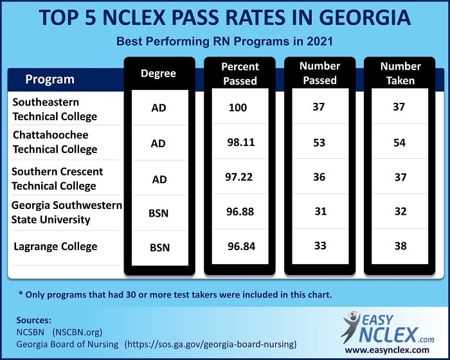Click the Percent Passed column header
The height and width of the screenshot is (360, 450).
tap(239, 73)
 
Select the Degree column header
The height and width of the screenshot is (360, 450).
tap(158, 73)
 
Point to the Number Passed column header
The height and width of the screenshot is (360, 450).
tap(319, 73)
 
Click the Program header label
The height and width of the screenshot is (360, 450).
tap(50, 80)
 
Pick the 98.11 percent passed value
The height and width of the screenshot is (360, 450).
tap(239, 143)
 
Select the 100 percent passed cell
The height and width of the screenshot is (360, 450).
tap(238, 107)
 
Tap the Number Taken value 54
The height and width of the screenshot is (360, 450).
tap(399, 143)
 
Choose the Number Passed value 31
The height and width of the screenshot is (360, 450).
tap(319, 212)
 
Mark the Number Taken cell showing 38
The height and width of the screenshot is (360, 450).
tap(399, 246)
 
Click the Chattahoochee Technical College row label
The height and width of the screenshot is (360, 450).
tap(55, 142)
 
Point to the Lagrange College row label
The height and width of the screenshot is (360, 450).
tap(55, 247)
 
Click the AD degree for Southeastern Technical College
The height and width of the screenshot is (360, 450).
tap(158, 107)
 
